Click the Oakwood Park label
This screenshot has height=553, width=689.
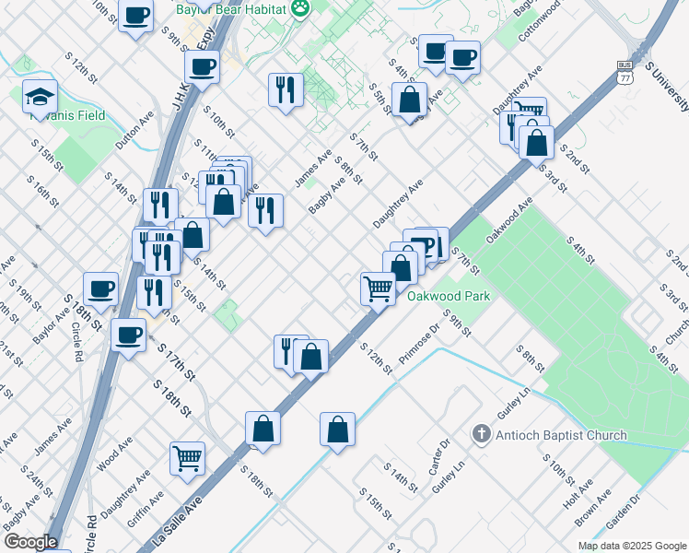tap(449, 296)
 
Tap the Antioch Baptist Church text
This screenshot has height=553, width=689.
tap(562, 435)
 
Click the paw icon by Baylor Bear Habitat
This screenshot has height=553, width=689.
tap(300, 8)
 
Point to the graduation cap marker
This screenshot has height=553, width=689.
tap(40, 95)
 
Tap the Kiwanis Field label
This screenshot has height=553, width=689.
tap(67, 116)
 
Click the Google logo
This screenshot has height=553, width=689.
tap(29, 542)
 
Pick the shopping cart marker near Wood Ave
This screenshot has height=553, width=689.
tap(187, 458)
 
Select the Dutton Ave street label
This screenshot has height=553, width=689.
tap(134, 131)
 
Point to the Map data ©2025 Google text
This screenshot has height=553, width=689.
tap(632, 546)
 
